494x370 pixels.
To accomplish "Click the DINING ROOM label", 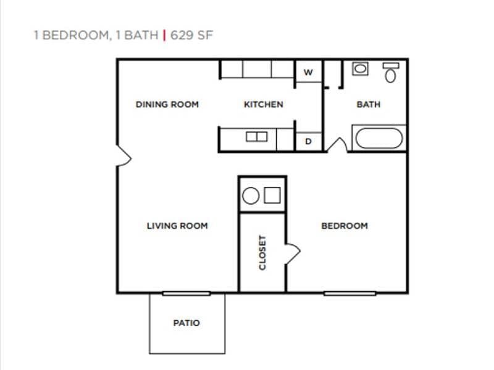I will pyautogui.click(x=167, y=104).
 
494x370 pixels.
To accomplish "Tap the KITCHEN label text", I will pyautogui.click(x=264, y=104).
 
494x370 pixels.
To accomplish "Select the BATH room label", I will pyautogui.click(x=369, y=104).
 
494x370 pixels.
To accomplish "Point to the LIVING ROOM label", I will pyautogui.click(x=177, y=226).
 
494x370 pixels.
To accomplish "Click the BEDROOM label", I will pyautogui.click(x=345, y=226).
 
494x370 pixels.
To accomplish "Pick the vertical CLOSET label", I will pyautogui.click(x=262, y=252).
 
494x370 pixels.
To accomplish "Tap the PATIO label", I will pyautogui.click(x=186, y=323).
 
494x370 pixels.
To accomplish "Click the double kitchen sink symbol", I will pyautogui.click(x=257, y=137).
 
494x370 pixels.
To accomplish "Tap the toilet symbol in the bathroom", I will pyautogui.click(x=390, y=73).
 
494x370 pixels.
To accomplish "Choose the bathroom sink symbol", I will pyautogui.click(x=360, y=68).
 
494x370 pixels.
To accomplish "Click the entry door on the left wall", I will pyautogui.click(x=124, y=155).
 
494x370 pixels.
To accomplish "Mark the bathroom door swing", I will pyautogui.click(x=337, y=145).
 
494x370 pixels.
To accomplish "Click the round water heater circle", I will pyautogui.click(x=251, y=196).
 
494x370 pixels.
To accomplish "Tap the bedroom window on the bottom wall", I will pyautogui.click(x=350, y=293).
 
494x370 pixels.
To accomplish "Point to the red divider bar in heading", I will pyautogui.click(x=164, y=35).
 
